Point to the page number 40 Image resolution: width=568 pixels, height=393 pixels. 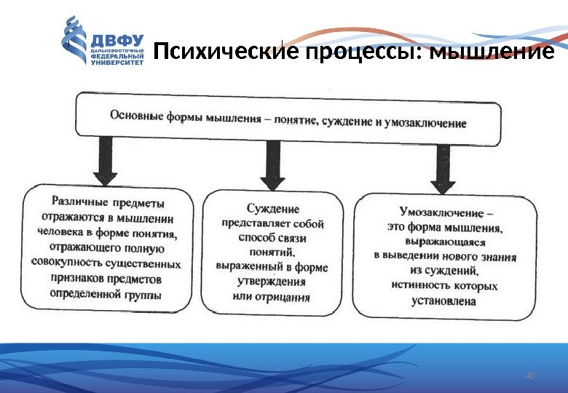(529, 376)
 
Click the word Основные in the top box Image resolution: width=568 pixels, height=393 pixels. (135, 115)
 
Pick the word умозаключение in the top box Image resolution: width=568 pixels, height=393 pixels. (429, 123)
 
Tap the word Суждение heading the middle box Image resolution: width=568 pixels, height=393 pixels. (272, 209)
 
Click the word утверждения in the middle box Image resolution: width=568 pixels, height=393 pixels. (272, 282)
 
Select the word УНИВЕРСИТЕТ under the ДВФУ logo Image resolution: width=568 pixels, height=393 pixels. (116, 63)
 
